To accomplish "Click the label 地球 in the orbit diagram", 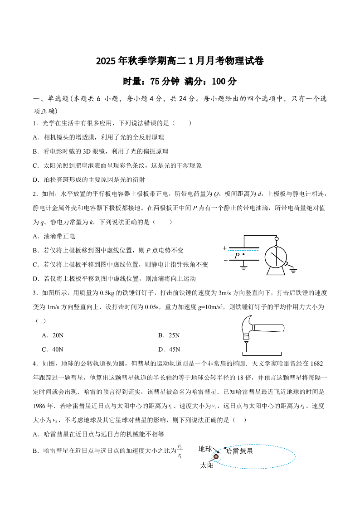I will coord(205,449).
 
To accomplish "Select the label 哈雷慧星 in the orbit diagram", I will coord(239,451).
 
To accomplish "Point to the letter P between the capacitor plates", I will coord(237,256).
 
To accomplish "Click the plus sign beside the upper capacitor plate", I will coord(224,248).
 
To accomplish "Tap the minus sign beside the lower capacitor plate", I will coord(225,261).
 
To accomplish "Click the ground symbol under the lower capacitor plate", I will coord(243,267).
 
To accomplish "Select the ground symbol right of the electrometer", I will coord(293,270).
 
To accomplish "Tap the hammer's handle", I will coord(268,328).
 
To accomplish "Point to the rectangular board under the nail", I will coord(262,354).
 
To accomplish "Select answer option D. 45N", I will coord(169,349).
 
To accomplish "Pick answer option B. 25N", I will coord(169,335).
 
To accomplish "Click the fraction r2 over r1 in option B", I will coord(180,451).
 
